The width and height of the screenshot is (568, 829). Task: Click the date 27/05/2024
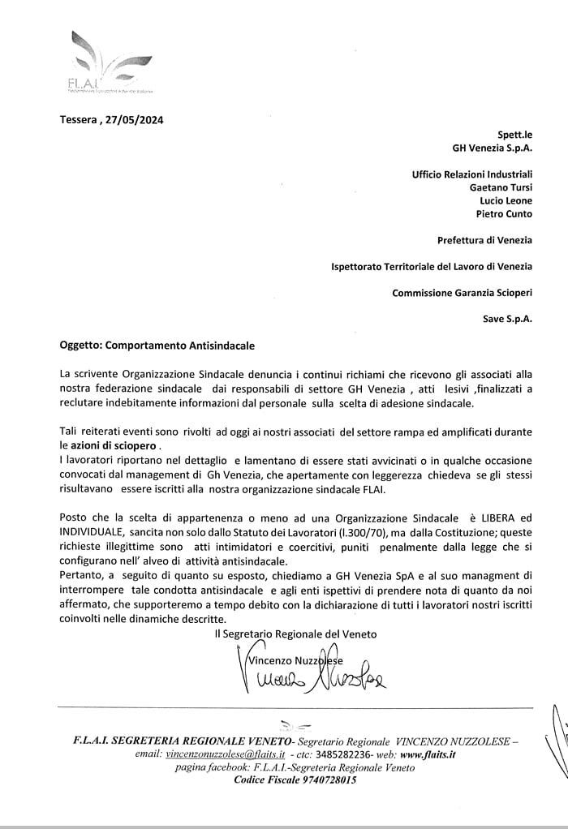134,120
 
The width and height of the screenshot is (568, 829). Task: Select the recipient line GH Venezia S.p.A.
492,148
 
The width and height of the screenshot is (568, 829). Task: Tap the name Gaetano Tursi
501,187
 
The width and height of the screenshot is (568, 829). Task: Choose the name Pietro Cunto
504,214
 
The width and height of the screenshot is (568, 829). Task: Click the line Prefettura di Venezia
484,239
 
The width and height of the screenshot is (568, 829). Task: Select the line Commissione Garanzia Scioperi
462,292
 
